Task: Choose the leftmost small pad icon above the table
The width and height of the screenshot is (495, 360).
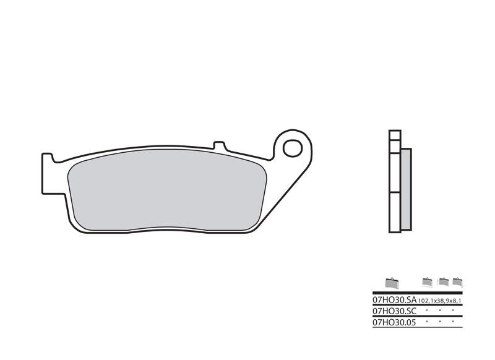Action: (x=391, y=283)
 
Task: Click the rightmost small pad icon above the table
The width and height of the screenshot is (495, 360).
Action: (x=458, y=282)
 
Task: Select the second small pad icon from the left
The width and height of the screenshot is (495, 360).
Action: (x=426, y=282)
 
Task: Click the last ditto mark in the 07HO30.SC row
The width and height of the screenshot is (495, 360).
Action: (x=454, y=310)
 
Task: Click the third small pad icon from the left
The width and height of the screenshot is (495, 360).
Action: (x=443, y=282)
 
